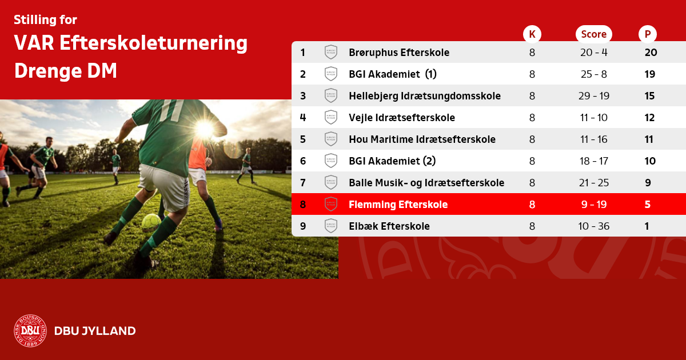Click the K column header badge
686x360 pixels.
pos(532,34)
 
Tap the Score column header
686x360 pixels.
pos(594,34)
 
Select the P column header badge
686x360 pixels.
pos(647,34)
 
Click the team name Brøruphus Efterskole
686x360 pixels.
pos(399,53)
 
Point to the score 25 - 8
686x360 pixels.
pos(594,74)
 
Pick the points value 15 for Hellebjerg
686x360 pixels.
pos(649,96)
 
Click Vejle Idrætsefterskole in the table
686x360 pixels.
pos(402,118)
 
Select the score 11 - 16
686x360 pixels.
pos(594,139)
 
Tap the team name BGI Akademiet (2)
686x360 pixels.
pos(392,161)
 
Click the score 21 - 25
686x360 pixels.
pos(594,183)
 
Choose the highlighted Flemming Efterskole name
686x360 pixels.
pos(398,205)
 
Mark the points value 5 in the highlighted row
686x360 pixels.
pos(647,205)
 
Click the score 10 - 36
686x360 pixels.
pos(594,226)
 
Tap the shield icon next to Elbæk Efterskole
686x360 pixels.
pos(331,226)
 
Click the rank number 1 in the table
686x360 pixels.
pos(303,53)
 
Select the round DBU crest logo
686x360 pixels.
pos(30,331)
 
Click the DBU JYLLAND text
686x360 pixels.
pos(95,331)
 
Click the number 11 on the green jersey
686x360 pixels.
pos(172,110)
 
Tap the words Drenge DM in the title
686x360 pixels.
pos(66,71)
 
